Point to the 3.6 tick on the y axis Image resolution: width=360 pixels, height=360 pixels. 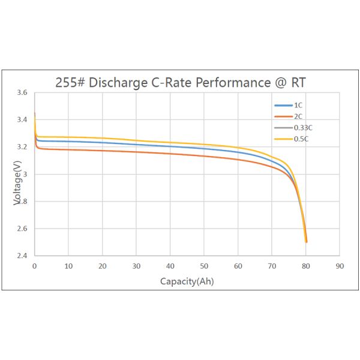[x=22, y=93]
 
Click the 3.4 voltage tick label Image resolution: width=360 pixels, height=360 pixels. [x=22, y=120]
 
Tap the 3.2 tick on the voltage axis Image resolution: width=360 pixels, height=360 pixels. [x=22, y=147]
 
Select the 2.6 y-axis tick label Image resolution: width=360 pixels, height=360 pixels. [x=22, y=229]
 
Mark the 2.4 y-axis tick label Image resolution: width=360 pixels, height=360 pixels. [x=22, y=256]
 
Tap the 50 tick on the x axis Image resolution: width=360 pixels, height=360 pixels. [x=204, y=266]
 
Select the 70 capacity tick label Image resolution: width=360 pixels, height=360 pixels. [x=272, y=266]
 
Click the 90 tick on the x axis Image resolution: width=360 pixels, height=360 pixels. [x=340, y=266]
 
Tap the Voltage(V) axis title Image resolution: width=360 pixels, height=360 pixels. [x=17, y=187]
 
